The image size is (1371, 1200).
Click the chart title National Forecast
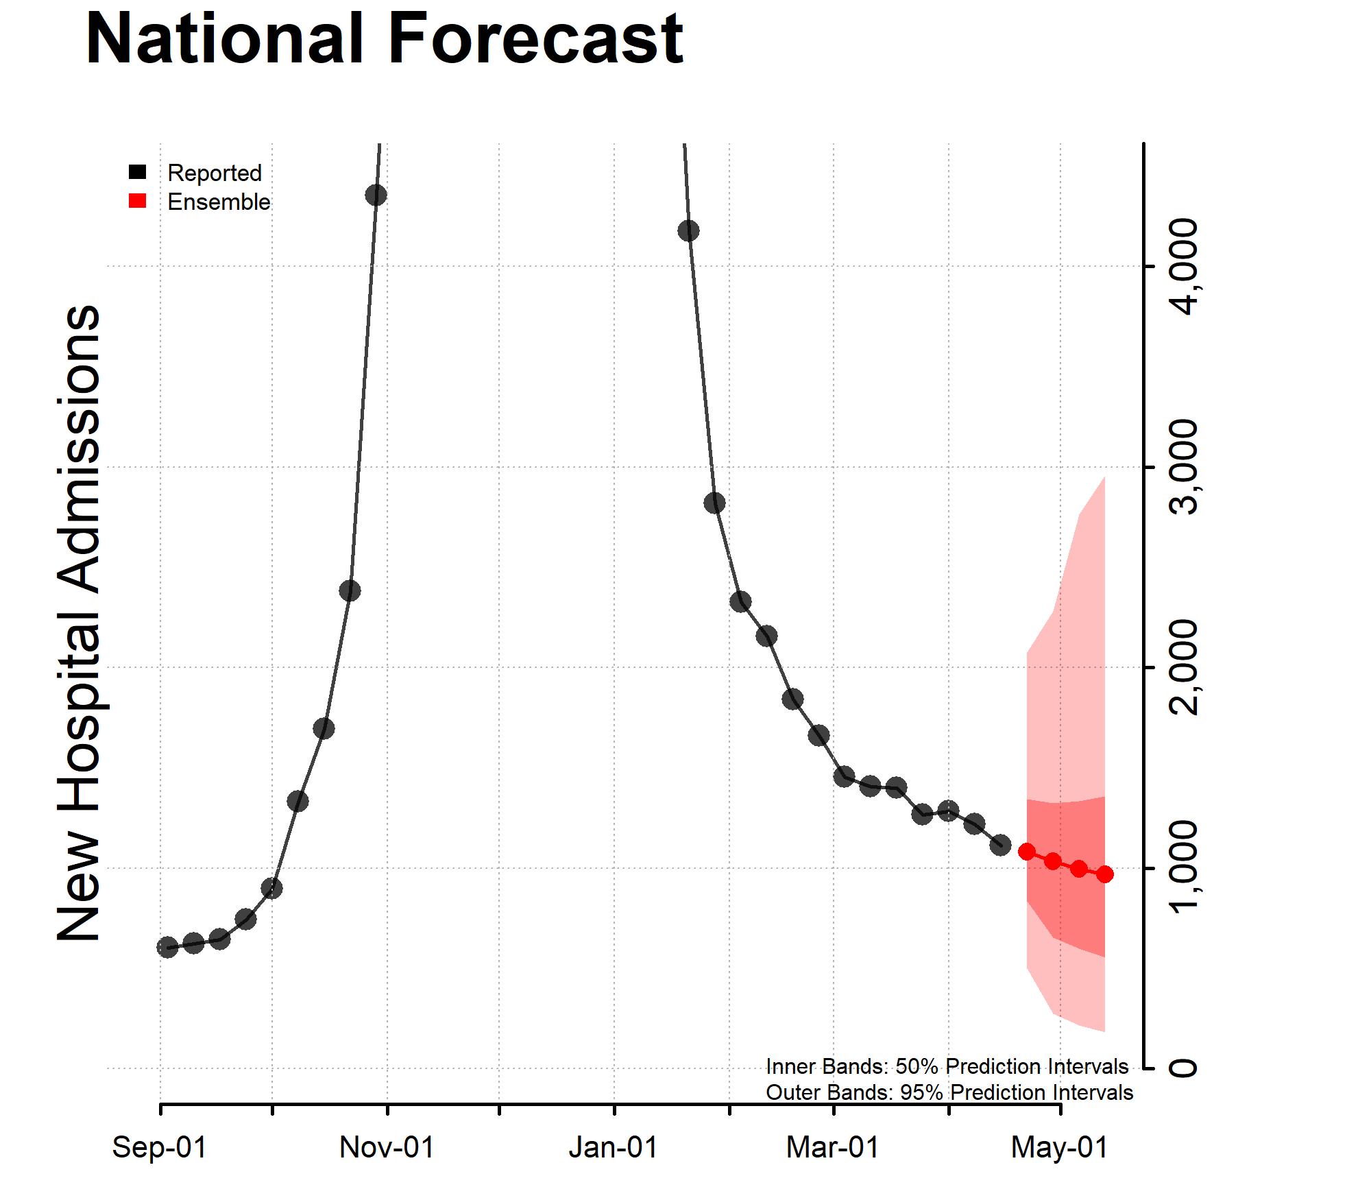(x=384, y=40)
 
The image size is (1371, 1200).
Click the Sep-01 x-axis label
(x=160, y=1147)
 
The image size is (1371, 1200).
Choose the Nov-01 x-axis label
(x=387, y=1147)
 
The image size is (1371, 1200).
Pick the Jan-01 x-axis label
(x=614, y=1147)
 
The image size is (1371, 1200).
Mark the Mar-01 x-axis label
(x=833, y=1147)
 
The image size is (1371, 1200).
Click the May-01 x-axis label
(x=1060, y=1147)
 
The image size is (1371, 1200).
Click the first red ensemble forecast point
(x=1027, y=852)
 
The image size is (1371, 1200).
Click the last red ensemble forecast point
(x=1104, y=874)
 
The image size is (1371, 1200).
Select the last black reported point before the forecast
(x=1000, y=845)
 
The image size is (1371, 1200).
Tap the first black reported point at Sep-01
(x=167, y=947)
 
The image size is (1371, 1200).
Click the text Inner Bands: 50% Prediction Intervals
(x=947, y=1066)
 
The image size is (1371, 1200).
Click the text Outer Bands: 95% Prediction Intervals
(x=949, y=1092)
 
